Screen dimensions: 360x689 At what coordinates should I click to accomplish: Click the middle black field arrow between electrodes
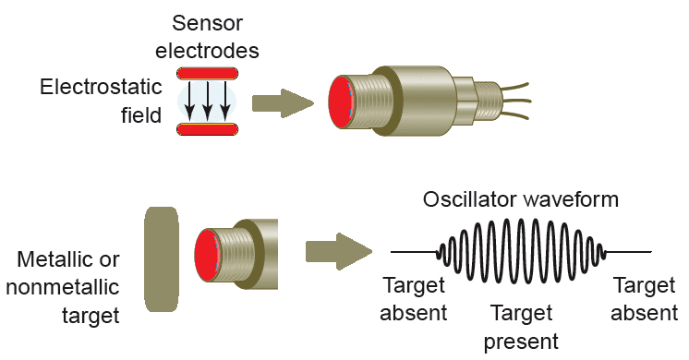[x=207, y=101]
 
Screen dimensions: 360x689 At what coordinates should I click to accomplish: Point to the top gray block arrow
[x=283, y=101]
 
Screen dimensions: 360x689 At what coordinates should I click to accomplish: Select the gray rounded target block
[x=163, y=260]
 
